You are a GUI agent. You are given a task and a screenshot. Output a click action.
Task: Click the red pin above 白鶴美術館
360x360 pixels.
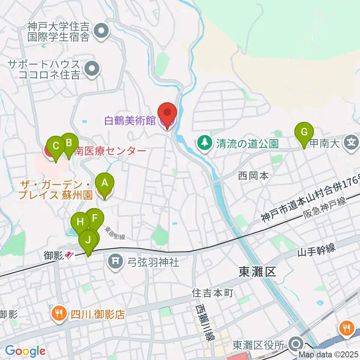point(167,112)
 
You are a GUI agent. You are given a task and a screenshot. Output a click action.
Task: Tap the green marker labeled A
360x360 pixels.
point(105,183)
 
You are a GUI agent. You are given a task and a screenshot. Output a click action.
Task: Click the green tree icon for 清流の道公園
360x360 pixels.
point(204,143)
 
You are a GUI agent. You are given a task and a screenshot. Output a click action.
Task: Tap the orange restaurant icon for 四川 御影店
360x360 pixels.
point(58,313)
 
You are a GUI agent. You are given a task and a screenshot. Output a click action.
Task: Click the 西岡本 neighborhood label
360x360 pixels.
point(253,175)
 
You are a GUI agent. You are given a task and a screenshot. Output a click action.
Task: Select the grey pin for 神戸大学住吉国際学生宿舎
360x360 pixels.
point(101,31)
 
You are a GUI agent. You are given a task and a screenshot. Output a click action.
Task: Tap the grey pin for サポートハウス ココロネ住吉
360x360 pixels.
point(90,69)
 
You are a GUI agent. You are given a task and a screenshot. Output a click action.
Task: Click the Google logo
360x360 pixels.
point(25,351)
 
